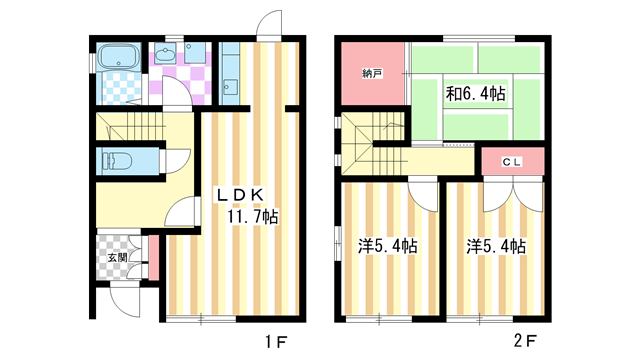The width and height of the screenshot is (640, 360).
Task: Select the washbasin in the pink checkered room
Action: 166,54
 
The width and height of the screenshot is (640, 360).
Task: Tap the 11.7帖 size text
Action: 251,216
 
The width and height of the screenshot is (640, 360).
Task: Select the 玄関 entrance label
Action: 117,257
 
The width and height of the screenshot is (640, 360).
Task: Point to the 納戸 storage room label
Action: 370,73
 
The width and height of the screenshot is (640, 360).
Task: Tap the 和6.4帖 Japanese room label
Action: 475,94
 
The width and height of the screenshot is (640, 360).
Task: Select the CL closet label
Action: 512,160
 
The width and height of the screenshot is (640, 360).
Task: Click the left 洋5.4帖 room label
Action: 388,245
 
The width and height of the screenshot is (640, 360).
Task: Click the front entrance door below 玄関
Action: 128,297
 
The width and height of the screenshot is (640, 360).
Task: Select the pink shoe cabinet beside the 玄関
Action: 153,256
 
